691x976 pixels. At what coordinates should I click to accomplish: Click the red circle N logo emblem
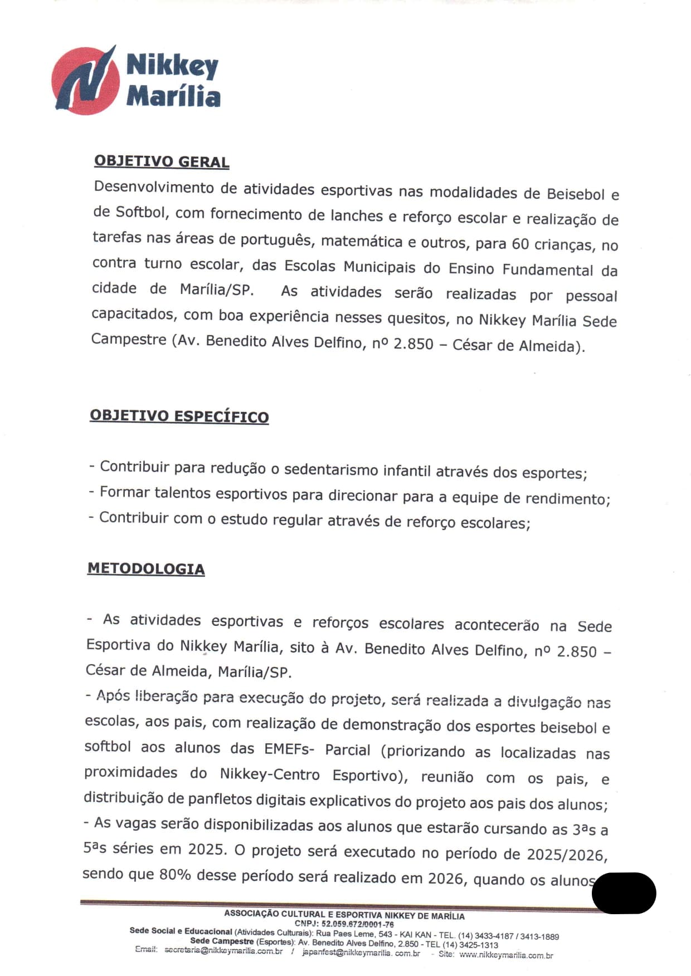point(85,81)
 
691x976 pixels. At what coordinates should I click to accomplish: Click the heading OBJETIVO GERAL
point(162,161)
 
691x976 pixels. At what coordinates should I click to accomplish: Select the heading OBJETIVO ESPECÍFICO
point(179,416)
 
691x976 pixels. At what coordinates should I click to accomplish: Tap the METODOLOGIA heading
point(146,568)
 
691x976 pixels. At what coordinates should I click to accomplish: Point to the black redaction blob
point(624,892)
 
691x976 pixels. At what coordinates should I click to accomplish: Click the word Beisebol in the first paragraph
point(576,194)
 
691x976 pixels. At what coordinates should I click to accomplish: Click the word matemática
point(362,242)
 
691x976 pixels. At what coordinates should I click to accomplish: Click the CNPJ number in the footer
point(357,924)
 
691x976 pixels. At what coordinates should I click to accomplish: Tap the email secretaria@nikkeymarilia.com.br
point(223,951)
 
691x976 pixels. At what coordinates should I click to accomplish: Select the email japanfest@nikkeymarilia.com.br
point(361,953)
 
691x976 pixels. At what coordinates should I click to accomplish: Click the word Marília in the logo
point(173,95)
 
